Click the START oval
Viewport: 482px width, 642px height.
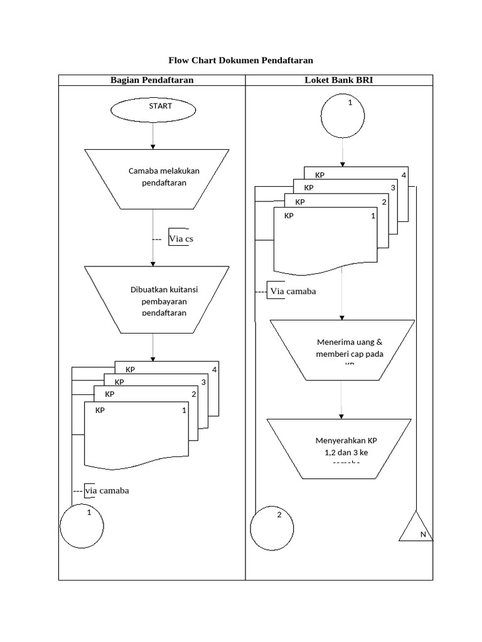153,109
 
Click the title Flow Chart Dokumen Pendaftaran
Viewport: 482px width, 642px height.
240,60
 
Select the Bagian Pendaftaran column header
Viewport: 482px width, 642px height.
152,80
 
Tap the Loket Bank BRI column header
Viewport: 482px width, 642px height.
339,80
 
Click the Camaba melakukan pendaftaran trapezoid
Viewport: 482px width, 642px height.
158,178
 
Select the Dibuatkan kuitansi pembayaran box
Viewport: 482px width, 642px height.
158,300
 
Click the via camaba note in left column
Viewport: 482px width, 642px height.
107,490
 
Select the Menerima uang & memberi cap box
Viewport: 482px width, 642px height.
341,350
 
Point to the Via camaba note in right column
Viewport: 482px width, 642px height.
292,291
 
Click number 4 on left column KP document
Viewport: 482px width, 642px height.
215,369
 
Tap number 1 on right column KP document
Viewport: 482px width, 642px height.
373,216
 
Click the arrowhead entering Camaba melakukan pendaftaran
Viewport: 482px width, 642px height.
153,146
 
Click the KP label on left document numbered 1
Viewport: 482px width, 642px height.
100,410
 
